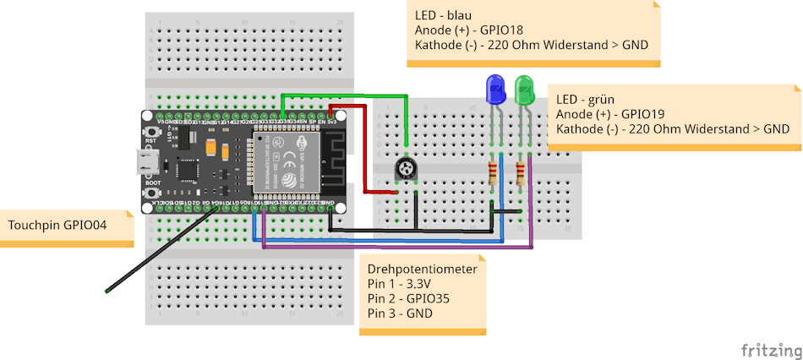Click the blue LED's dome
[x=494, y=88]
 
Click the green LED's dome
[x=524, y=88]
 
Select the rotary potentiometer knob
[x=407, y=171]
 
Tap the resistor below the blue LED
[x=494, y=175]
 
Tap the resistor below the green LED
[x=521, y=175]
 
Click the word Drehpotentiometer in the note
[x=423, y=269]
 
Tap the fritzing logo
[x=768, y=349]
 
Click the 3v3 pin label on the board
[x=333, y=123]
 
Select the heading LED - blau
[x=443, y=15]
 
